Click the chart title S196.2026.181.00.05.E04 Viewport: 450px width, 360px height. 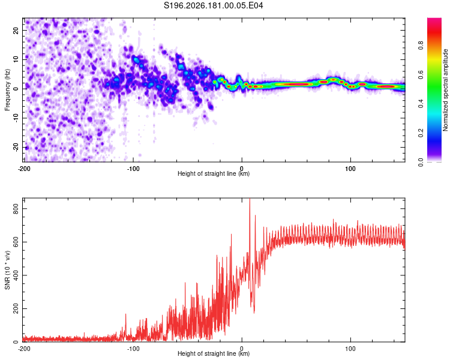[x=213, y=5]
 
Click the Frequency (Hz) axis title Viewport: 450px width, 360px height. [x=7, y=90]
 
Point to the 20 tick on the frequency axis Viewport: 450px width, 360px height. [x=16, y=31]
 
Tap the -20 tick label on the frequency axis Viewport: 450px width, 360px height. [x=16, y=148]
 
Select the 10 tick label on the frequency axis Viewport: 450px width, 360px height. [x=16, y=59]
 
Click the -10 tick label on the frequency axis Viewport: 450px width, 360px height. [x=16, y=118]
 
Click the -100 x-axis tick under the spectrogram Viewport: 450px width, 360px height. [x=133, y=169]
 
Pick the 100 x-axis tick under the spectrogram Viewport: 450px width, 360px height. [x=350, y=169]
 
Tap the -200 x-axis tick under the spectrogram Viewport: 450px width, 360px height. [x=24, y=169]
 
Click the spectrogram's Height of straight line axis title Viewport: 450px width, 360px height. [x=214, y=173]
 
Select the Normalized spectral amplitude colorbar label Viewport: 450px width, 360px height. [x=445, y=90]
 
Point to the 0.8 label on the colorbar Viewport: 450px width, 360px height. [x=421, y=45]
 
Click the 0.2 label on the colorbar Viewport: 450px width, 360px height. [x=421, y=133]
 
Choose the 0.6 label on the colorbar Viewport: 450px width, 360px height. [x=421, y=74]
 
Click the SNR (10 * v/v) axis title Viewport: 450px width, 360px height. [x=7, y=270]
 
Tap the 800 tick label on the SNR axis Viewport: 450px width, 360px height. [x=16, y=209]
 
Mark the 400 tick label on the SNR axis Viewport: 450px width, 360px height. [x=16, y=275]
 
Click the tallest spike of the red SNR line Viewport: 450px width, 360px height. [x=250, y=199]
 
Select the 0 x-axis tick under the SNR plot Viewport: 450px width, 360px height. [x=242, y=349]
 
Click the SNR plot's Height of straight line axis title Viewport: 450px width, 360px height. [x=214, y=353]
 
